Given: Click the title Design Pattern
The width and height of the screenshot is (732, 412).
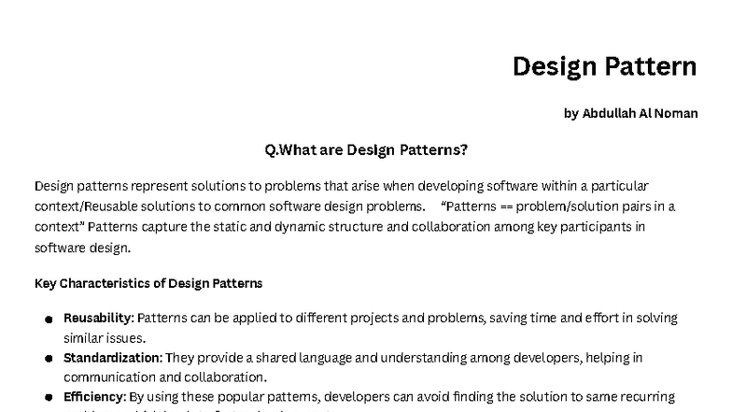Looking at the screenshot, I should tap(604, 66).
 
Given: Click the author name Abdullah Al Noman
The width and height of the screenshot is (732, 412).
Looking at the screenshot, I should tap(630, 113).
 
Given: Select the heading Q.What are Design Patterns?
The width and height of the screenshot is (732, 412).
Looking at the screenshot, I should tap(366, 149).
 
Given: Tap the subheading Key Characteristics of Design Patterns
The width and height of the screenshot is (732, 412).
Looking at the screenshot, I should tap(148, 283).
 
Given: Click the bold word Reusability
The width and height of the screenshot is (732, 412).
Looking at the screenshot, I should tap(98, 319).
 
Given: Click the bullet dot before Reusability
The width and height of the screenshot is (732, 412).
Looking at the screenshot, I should tap(48, 320).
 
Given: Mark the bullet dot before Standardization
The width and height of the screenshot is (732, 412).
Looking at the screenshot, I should tap(48, 359).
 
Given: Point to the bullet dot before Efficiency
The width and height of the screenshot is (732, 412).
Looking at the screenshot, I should tap(48, 398).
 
